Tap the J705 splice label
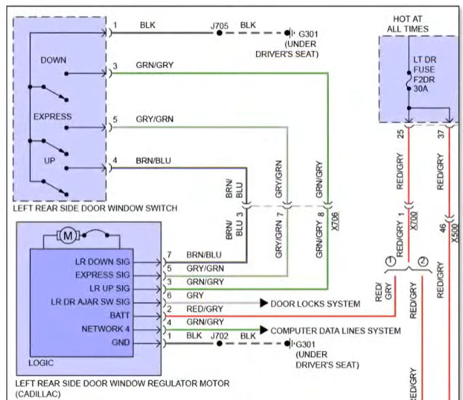(219, 25)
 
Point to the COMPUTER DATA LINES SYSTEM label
(336, 331)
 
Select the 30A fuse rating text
(421, 97)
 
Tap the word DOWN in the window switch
(53, 60)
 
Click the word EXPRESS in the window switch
(52, 116)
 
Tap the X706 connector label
(334, 220)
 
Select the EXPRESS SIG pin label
(102, 274)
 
